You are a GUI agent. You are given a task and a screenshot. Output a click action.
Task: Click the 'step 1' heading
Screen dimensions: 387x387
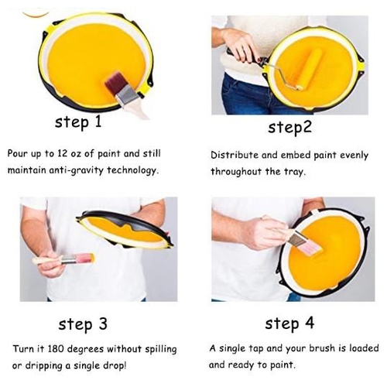(x=78, y=122)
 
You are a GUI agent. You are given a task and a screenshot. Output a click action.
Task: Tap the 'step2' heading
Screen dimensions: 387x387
(x=289, y=127)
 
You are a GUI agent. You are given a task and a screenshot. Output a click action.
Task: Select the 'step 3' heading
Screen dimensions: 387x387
(x=83, y=324)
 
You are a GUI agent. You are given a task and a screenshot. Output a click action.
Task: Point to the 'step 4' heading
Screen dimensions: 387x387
(x=289, y=323)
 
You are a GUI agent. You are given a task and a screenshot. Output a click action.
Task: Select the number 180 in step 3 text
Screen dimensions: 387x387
(x=56, y=349)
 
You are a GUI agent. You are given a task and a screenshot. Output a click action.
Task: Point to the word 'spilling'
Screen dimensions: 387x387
(x=161, y=350)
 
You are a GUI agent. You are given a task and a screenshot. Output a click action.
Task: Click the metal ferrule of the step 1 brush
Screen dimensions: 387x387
(x=126, y=96)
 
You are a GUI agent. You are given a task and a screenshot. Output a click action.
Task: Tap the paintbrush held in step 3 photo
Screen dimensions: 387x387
(x=63, y=259)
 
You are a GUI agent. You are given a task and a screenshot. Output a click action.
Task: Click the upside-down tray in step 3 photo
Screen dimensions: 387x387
(x=125, y=229)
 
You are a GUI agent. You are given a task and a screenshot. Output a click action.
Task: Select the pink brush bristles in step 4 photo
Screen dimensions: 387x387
(x=310, y=248)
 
